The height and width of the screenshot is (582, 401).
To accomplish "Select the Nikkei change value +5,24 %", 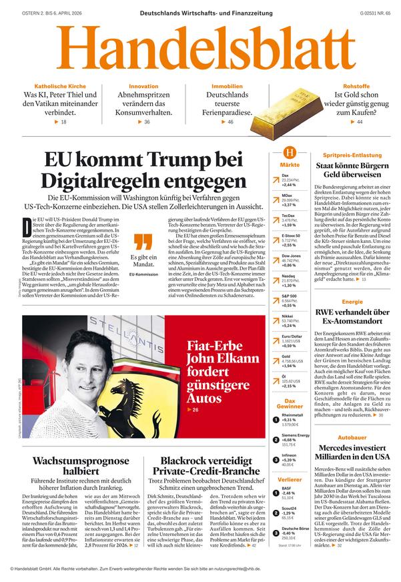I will tap(289, 325).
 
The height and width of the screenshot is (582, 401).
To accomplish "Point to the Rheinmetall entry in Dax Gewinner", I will tap(293, 415).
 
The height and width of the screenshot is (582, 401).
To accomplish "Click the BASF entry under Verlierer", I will tap(287, 489).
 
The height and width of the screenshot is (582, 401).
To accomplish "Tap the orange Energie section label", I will tap(352, 302).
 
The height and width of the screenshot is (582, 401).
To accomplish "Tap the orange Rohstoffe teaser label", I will tap(352, 87).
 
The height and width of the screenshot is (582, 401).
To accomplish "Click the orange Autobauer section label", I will tap(352, 437).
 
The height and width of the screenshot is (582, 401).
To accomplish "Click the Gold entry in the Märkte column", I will tap(286, 357).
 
